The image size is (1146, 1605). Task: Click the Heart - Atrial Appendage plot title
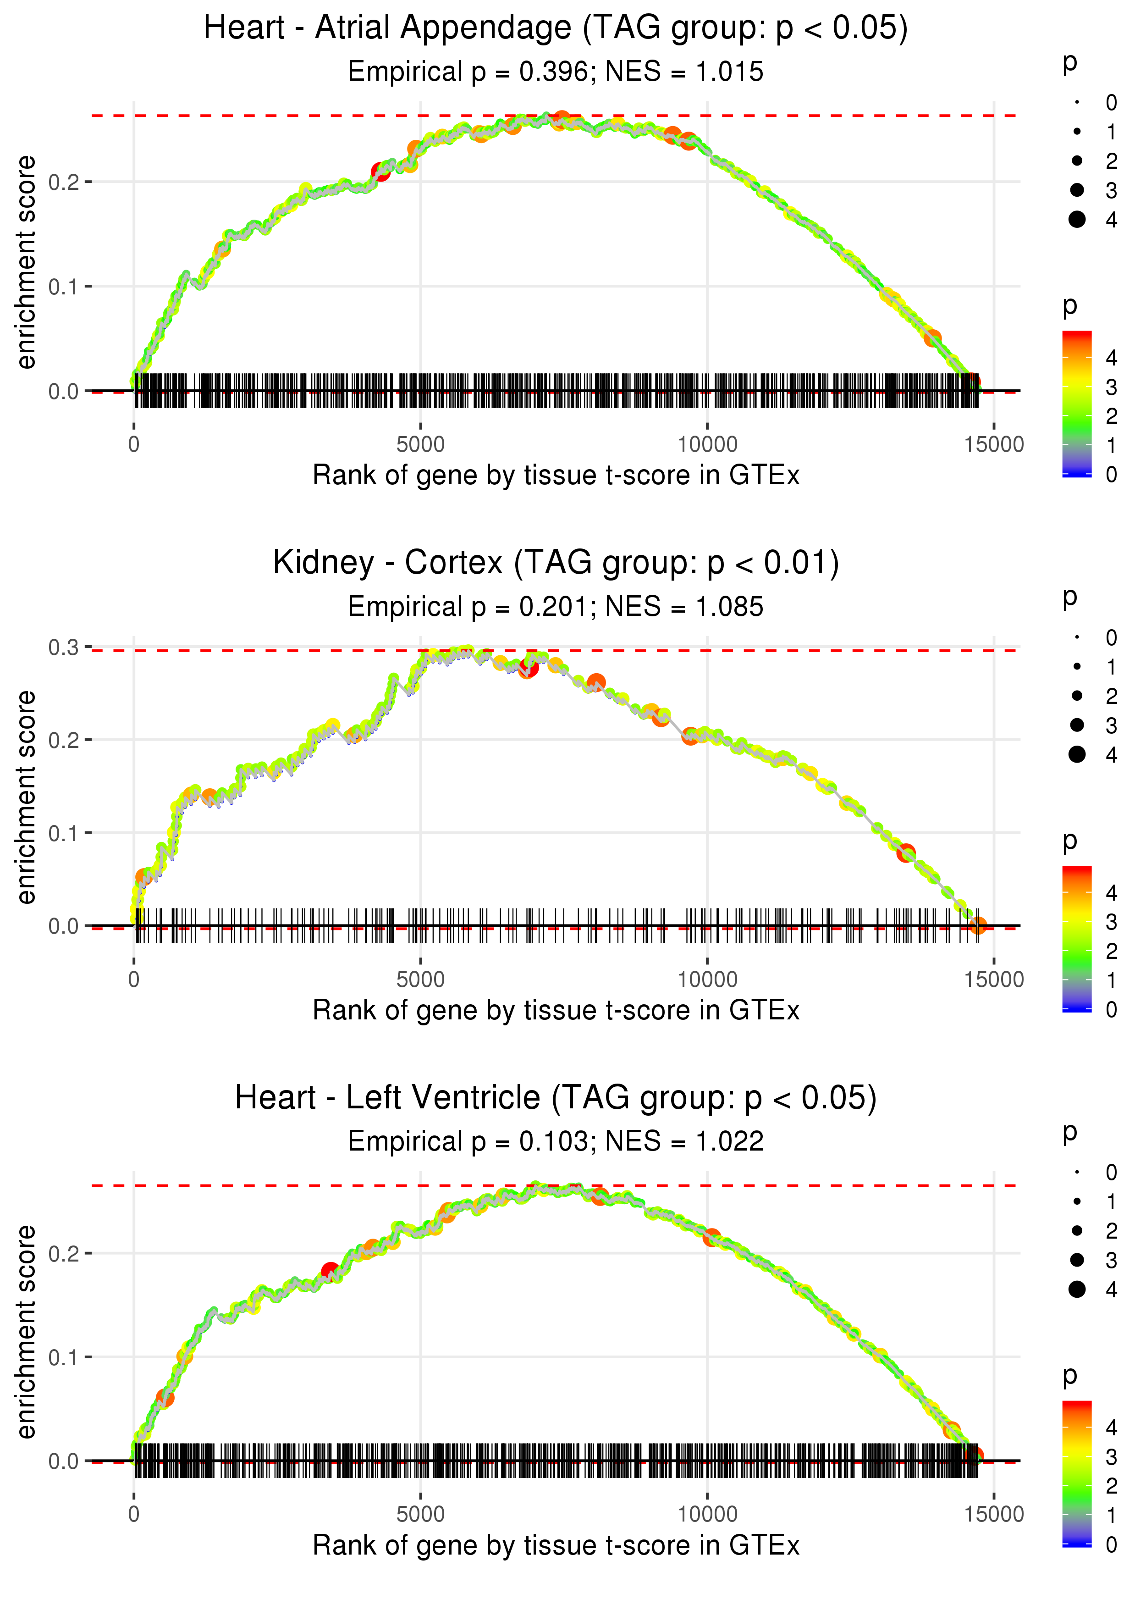[x=556, y=28]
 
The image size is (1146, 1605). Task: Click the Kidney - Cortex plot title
[x=556, y=563]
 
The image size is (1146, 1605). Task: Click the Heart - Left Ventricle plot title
[x=556, y=1098]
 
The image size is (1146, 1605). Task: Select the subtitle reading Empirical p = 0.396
[x=468, y=72]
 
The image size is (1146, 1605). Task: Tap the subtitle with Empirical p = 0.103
[x=468, y=1142]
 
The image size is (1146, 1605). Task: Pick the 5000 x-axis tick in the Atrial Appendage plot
[x=420, y=445]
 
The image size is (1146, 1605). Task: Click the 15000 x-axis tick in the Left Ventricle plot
[x=993, y=1515]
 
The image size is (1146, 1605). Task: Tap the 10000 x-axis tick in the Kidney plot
[x=707, y=980]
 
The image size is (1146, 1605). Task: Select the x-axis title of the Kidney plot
[x=556, y=1011]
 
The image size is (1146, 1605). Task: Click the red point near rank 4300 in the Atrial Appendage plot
[x=380, y=172]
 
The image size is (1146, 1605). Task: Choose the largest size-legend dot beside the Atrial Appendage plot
[x=1077, y=220]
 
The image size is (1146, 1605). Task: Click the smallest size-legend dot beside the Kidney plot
[x=1077, y=637]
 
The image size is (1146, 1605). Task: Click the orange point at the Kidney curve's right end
[x=977, y=925]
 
